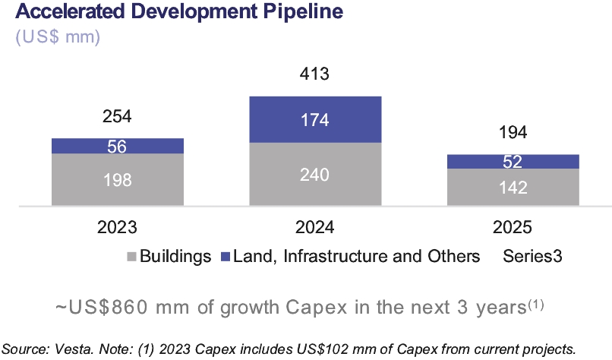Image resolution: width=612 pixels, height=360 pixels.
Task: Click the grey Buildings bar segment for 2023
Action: pyautogui.click(x=117, y=180)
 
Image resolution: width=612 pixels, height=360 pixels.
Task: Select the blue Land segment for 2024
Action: pyautogui.click(x=315, y=119)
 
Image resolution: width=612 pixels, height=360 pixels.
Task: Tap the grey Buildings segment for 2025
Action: pyautogui.click(x=513, y=187)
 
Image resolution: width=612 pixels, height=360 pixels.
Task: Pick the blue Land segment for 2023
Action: pyautogui.click(x=117, y=146)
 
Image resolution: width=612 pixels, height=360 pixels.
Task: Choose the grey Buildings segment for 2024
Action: pyautogui.click(x=315, y=174)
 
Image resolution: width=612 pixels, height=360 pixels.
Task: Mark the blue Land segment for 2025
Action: pyautogui.click(x=513, y=161)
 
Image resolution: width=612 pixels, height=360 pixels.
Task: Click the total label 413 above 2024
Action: pyautogui.click(x=315, y=75)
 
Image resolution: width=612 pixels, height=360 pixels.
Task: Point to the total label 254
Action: pyautogui.click(x=117, y=117)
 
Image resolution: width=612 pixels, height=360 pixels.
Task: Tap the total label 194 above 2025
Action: pyautogui.click(x=513, y=134)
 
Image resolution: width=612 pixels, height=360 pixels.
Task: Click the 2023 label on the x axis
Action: pyautogui.click(x=117, y=227)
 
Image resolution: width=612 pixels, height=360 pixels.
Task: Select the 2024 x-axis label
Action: pyautogui.click(x=315, y=227)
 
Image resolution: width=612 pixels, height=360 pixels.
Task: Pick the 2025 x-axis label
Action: pyautogui.click(x=513, y=227)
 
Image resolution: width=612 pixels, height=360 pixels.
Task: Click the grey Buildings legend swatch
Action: pyautogui.click(x=131, y=257)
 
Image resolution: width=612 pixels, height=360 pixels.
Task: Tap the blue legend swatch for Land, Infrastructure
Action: pyautogui.click(x=226, y=257)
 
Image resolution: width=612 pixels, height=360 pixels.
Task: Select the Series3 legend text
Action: pyautogui.click(x=532, y=256)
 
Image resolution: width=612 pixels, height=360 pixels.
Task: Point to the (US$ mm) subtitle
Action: pyautogui.click(x=58, y=36)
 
